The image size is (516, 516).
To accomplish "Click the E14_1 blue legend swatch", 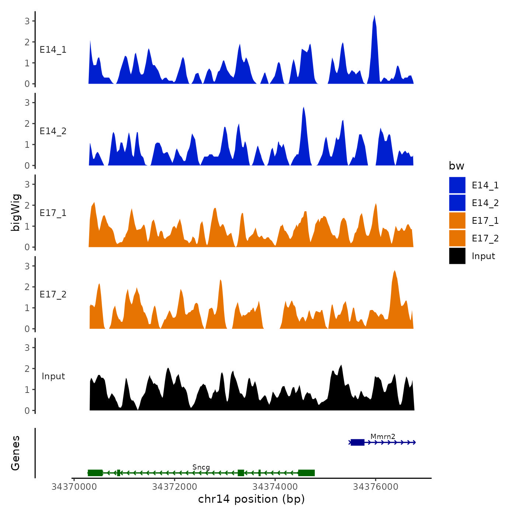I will pyautogui.click(x=457, y=185).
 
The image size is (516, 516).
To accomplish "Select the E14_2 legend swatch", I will pyautogui.click(x=457, y=203).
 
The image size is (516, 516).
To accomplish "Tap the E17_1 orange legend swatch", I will pyautogui.click(x=457, y=220).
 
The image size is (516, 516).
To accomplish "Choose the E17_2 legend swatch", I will pyautogui.click(x=457, y=238).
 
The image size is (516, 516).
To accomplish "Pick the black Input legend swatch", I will pyautogui.click(x=457, y=256).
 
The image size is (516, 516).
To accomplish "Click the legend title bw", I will pyautogui.click(x=456, y=166).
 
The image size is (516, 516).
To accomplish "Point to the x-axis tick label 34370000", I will pyautogui.click(x=74, y=487).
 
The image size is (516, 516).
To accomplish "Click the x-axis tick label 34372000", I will pyautogui.click(x=174, y=487).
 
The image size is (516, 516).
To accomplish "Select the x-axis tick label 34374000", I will pyautogui.click(x=275, y=487).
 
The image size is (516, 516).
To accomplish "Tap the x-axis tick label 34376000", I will pyautogui.click(x=376, y=487).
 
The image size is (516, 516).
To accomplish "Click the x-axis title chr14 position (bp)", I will pyautogui.click(x=251, y=499).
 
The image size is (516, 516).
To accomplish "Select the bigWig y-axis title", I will pyautogui.click(x=16, y=212).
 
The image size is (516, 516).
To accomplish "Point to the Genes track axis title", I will pyautogui.click(x=15, y=453).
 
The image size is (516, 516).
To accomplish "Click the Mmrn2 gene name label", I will pyautogui.click(x=383, y=437).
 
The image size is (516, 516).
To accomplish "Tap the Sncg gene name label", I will pyautogui.click(x=201, y=467).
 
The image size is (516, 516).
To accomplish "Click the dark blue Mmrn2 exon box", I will pyautogui.click(x=357, y=442).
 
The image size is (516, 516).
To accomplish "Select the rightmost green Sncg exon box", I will pyautogui.click(x=306, y=473).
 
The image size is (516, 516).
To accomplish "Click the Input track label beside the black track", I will pyautogui.click(x=53, y=376).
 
